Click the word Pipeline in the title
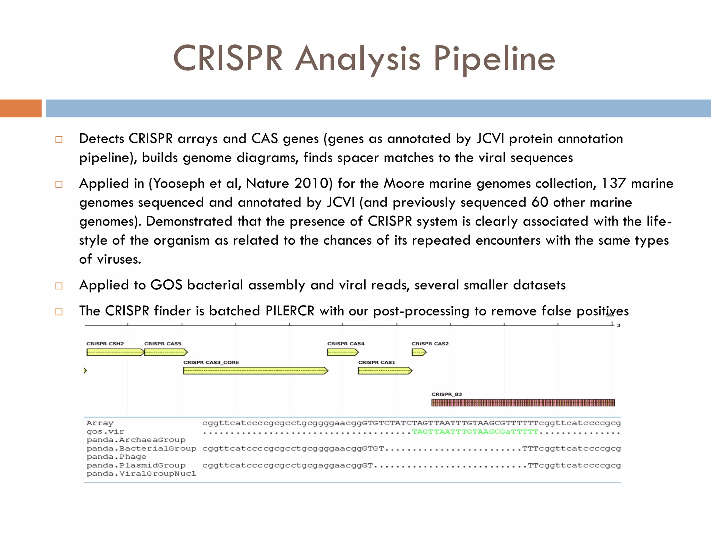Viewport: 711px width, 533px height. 494,59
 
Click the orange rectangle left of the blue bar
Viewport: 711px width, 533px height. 20,108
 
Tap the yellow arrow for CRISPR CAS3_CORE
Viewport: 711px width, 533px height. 255,371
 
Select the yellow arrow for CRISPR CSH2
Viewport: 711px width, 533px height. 115,353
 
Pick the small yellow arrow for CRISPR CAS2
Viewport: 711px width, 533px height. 419,353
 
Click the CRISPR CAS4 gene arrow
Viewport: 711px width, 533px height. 342,353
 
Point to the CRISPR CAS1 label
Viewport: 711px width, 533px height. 377,362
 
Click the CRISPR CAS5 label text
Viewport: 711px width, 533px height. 162,344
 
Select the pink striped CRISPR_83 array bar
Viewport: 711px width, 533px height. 523,403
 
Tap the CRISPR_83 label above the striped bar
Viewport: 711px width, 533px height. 446,394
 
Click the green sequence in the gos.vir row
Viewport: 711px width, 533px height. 475,432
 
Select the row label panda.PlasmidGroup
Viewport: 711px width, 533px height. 136,465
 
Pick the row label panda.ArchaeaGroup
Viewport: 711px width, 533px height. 136,440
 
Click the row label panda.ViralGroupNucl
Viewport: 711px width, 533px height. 141,474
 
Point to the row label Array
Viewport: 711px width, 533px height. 100,423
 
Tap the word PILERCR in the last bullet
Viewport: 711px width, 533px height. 290,311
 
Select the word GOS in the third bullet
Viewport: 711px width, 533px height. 166,285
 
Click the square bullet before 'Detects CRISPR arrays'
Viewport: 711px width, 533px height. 59,140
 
